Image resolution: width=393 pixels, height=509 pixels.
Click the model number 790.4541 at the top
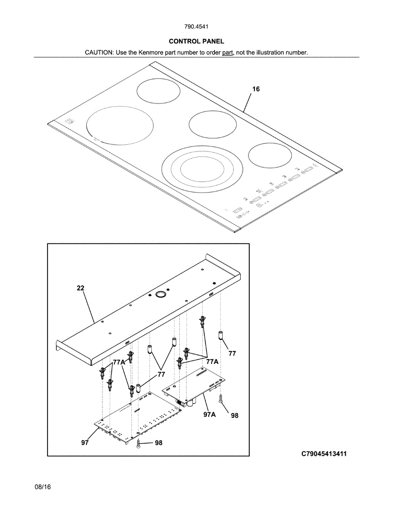pos(196,27)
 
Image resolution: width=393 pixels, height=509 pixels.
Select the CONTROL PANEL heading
pos(196,41)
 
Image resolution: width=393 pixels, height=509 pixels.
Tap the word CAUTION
pos(99,53)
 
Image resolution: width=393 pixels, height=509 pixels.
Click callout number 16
pos(256,89)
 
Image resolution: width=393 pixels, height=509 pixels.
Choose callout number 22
pos(81,288)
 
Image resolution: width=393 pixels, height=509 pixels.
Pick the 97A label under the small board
pos(209,414)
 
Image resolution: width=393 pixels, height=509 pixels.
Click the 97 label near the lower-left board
pos(85,443)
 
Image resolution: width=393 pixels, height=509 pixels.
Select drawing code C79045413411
pos(324,454)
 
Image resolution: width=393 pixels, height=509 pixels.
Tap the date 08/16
pos(43,487)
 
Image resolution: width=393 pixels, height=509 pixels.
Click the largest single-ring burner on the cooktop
pos(120,125)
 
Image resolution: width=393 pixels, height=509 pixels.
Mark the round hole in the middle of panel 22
pos(161,294)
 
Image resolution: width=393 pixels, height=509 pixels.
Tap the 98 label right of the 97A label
pos(234,416)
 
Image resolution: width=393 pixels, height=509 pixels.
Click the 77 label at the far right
pos(232,353)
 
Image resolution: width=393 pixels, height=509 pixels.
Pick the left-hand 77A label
pos(119,363)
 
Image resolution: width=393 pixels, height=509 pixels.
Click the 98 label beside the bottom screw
pos(159,443)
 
